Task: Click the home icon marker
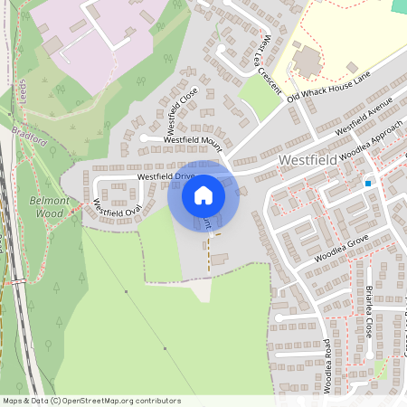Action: [203, 195]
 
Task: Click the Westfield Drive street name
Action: [166, 176]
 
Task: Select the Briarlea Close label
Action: [370, 312]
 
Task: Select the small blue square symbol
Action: [369, 184]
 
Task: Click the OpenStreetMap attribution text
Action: [91, 401]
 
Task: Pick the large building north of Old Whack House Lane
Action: [307, 62]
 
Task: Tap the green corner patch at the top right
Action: [399, 5]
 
